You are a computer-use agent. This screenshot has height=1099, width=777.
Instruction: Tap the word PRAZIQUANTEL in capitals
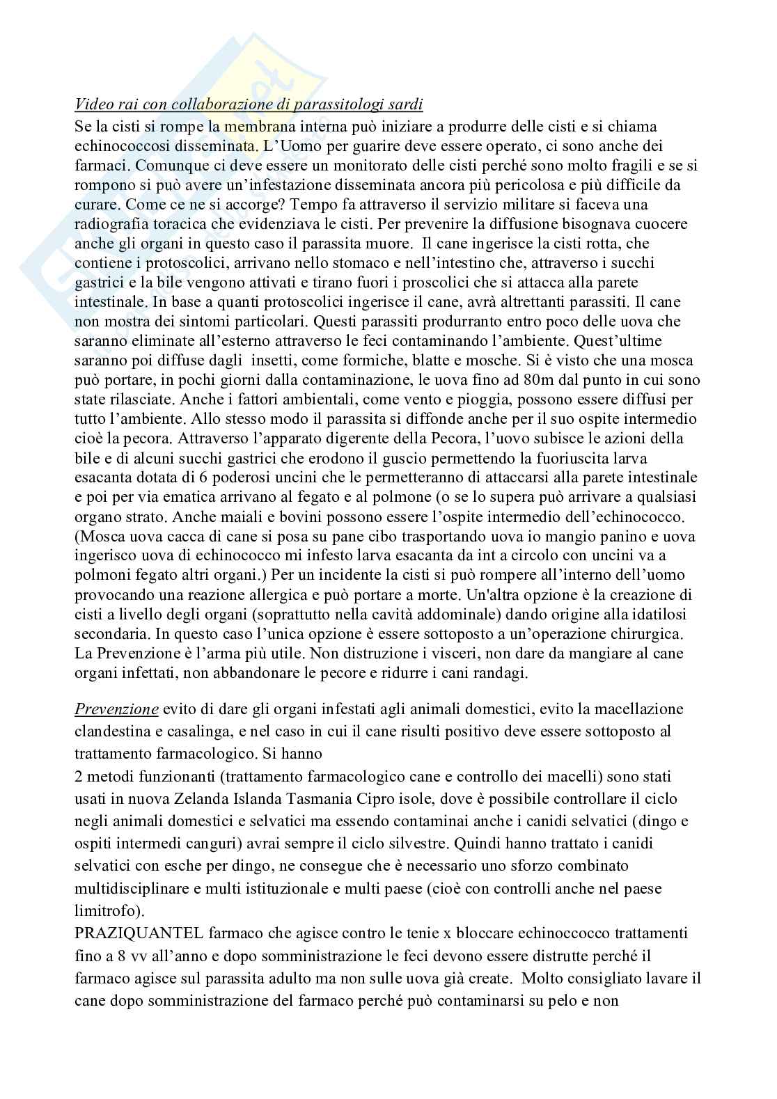(x=132, y=933)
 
